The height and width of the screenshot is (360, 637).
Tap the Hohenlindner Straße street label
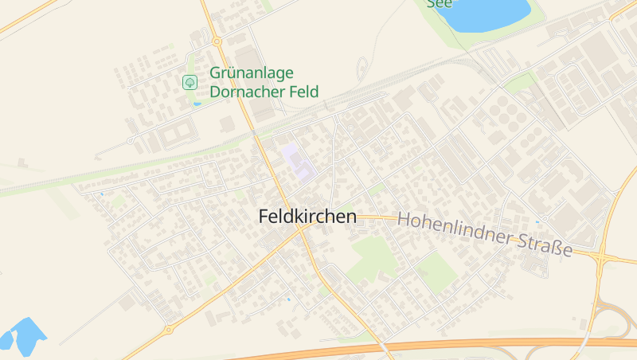coord(485,234)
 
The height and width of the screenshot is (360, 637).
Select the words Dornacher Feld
coord(264,92)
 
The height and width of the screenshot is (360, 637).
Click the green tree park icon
coord(190,82)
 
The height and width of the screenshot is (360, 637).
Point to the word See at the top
coord(440,4)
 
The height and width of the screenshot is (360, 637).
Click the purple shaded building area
coord(297,158)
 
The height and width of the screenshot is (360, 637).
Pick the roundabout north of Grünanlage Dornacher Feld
coord(217,41)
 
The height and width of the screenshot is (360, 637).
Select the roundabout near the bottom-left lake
coord(168,329)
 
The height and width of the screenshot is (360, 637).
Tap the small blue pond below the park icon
coord(197,104)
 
